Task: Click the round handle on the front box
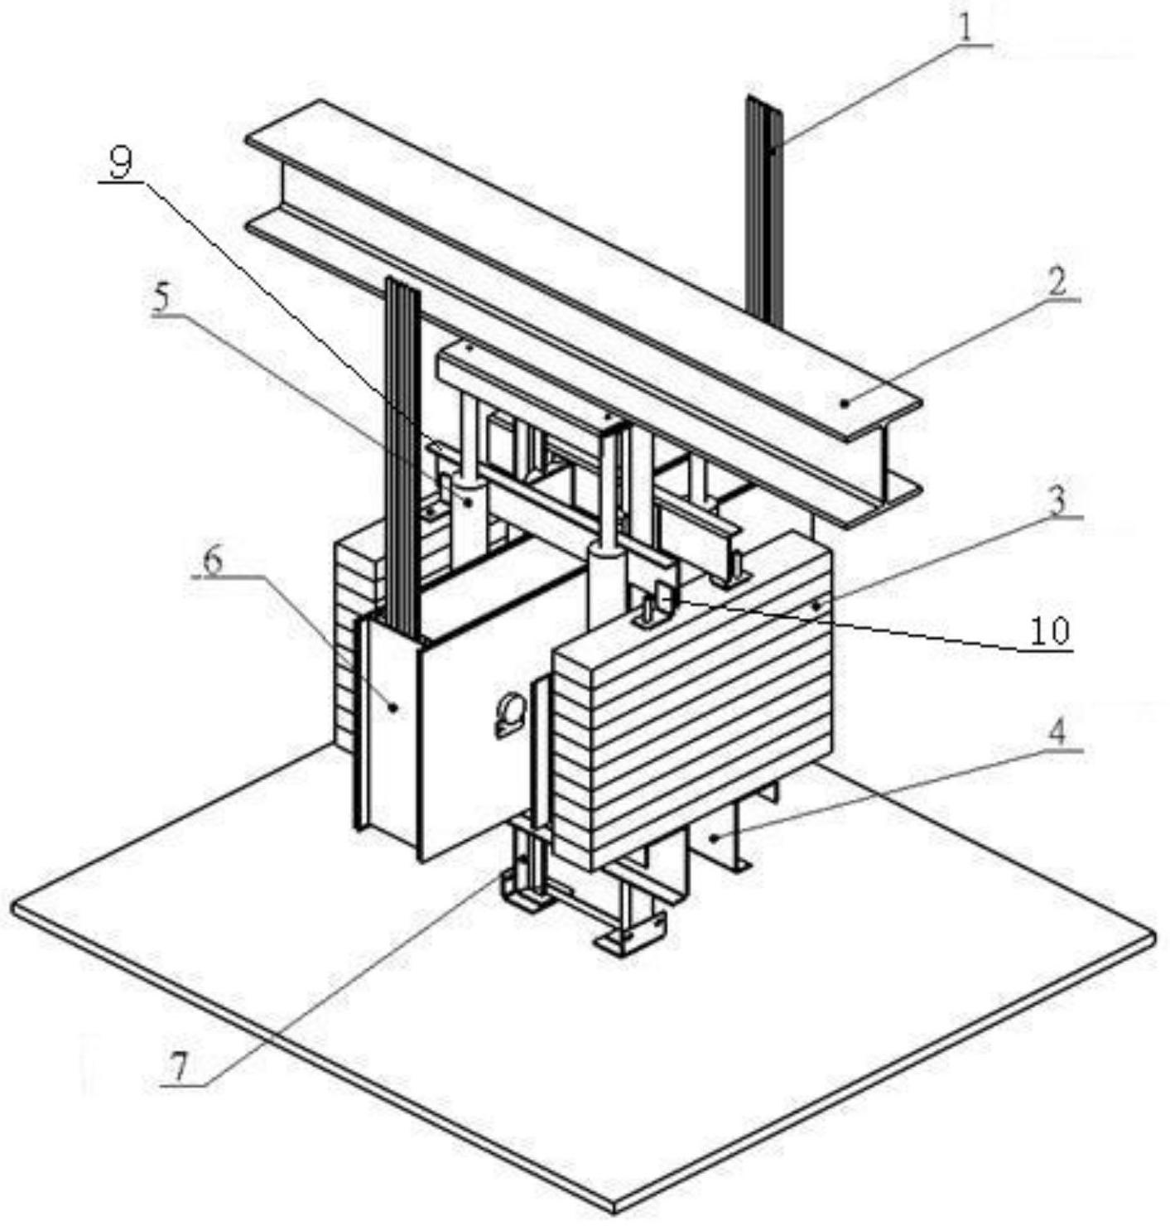tap(508, 713)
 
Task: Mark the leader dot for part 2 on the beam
tap(844, 403)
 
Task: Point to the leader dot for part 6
tap(395, 707)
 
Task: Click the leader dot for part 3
tap(817, 606)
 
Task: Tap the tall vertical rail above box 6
tap(403, 447)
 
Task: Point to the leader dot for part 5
tap(469, 500)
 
